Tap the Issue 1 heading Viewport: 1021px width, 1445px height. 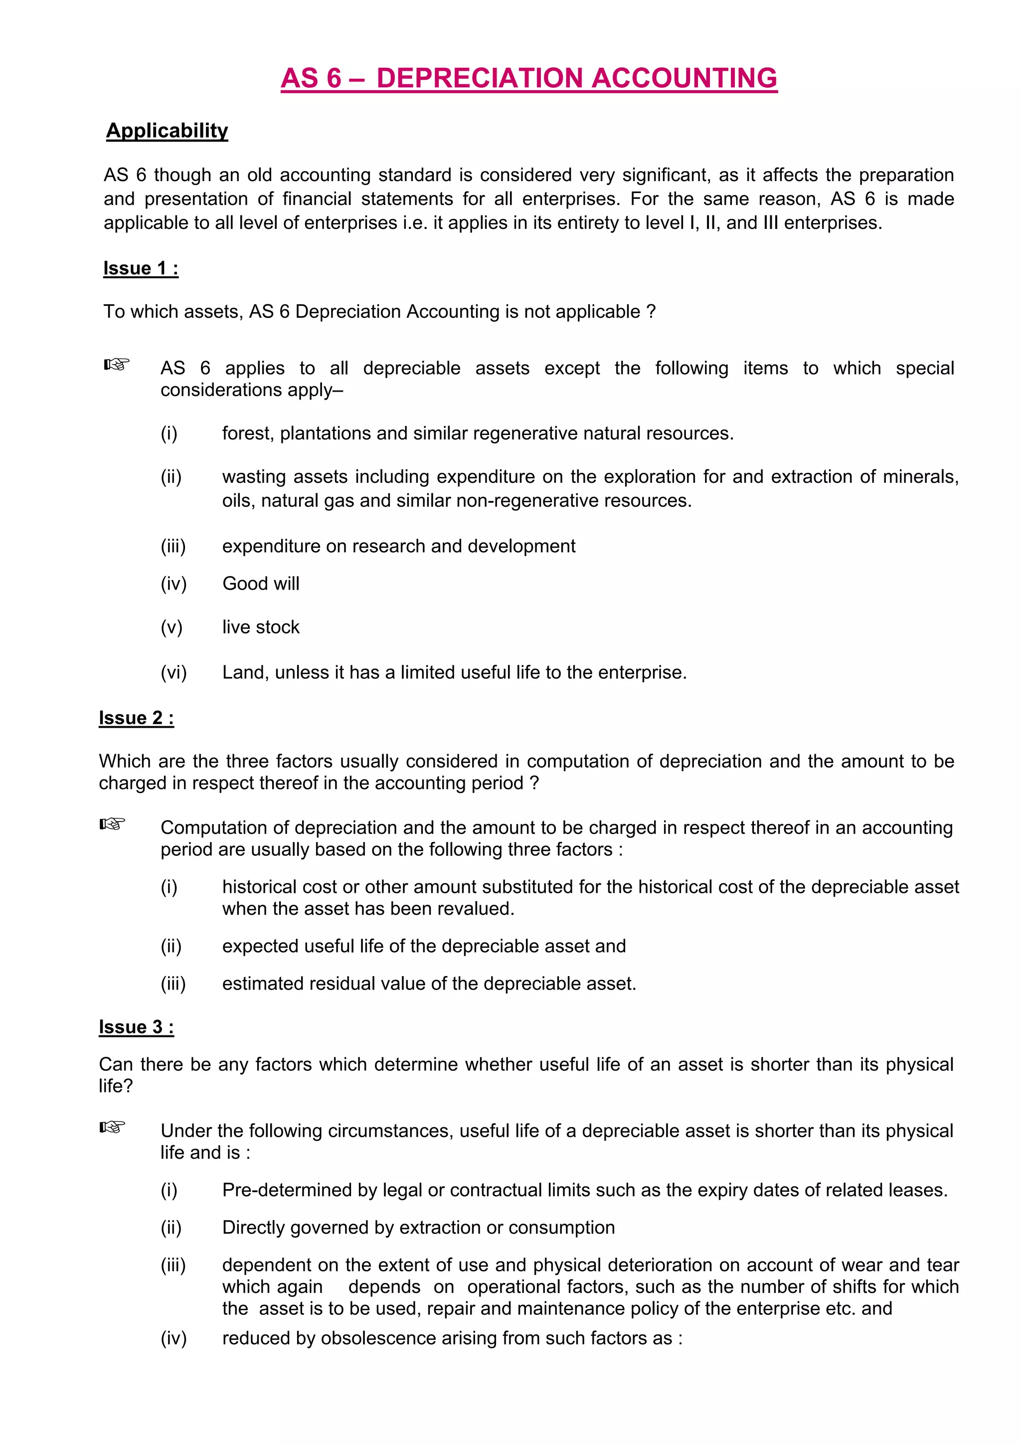pos(141,268)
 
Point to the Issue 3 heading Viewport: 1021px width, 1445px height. pos(137,1027)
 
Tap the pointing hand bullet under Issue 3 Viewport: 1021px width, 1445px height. pos(113,1127)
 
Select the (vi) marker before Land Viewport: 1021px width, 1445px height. pos(173,672)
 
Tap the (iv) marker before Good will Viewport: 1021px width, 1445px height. pos(173,584)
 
